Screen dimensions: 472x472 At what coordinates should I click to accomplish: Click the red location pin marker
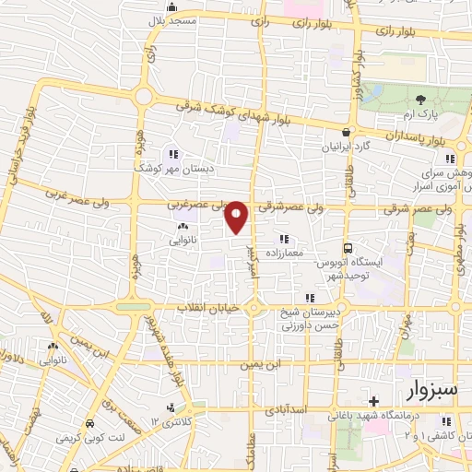coord(237,217)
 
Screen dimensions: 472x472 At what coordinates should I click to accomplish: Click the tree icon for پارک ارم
coord(420,100)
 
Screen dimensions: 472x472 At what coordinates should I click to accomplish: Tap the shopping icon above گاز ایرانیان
coord(347,132)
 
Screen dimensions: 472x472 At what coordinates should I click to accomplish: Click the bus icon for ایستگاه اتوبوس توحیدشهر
coord(348,248)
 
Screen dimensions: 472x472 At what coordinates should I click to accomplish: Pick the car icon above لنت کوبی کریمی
coord(89,423)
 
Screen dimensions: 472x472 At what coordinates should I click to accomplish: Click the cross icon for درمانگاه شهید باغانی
coord(372,401)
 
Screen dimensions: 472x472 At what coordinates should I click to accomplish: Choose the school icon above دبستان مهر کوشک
coord(173,155)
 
